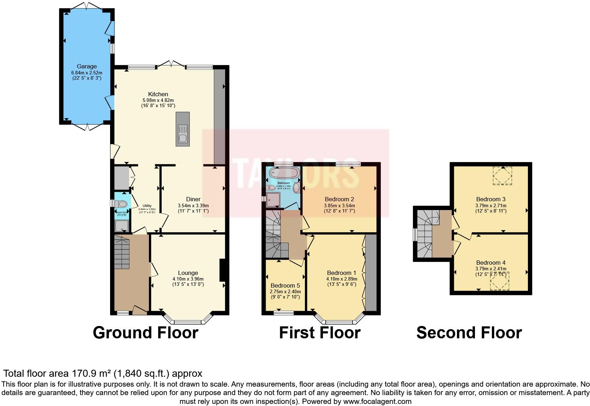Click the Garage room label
click(x=87, y=66)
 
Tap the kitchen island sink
click(x=182, y=134)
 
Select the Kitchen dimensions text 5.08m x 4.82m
click(x=158, y=100)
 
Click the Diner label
click(x=193, y=199)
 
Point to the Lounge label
click(x=188, y=273)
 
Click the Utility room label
click(x=147, y=206)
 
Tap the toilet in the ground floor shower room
click(x=122, y=204)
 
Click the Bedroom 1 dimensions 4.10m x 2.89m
click(x=341, y=279)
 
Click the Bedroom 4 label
click(x=490, y=263)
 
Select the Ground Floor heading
click(x=145, y=333)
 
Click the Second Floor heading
click(x=469, y=333)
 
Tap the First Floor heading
click(x=319, y=333)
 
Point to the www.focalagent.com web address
click(x=377, y=401)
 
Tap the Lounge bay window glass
click(x=188, y=322)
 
